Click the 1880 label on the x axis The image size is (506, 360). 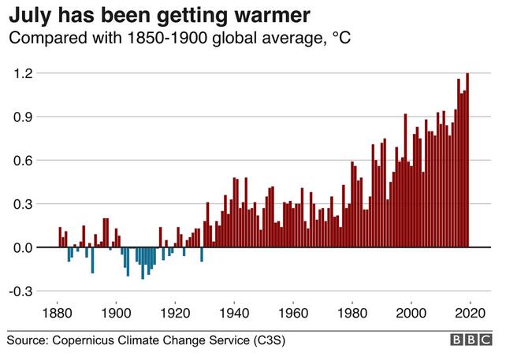click(x=58, y=311)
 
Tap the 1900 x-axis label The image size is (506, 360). click(x=117, y=311)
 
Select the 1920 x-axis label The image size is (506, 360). click(x=175, y=311)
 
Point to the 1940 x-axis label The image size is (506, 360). click(x=234, y=311)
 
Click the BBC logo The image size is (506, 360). click(x=471, y=340)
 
